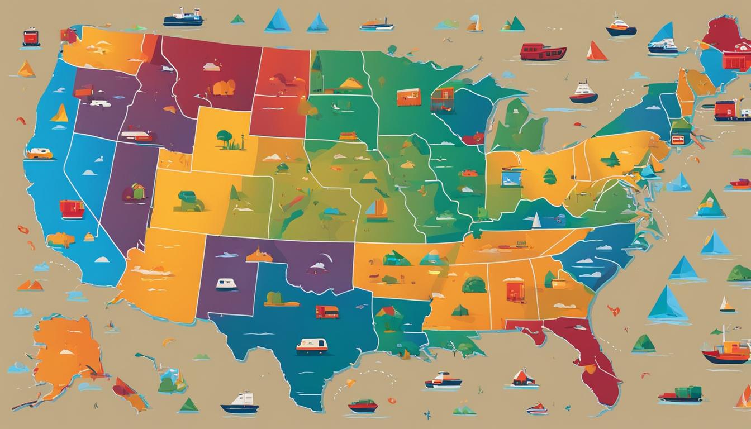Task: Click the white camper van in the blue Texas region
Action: pyautogui.click(x=311, y=346)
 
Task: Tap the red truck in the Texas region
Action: pyautogui.click(x=327, y=312)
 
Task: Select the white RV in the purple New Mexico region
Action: pyautogui.click(x=226, y=284)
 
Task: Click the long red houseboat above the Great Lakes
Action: pyautogui.click(x=543, y=52)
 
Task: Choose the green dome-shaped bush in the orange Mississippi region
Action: pyautogui.click(x=474, y=284)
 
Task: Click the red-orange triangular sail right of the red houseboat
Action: pyautogui.click(x=596, y=51)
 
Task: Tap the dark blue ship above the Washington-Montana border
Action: pyautogui.click(x=183, y=18)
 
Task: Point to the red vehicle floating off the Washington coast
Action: pyautogui.click(x=31, y=37)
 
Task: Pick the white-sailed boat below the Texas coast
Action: pyautogui.click(x=241, y=403)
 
